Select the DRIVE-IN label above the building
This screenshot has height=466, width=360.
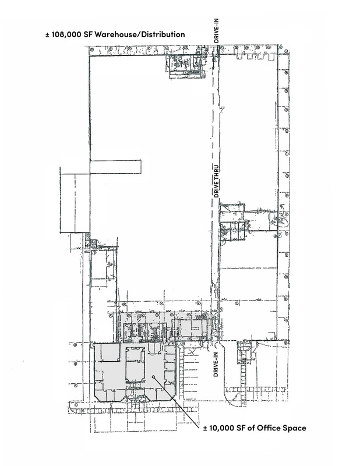217,30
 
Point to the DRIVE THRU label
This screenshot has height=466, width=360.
217,181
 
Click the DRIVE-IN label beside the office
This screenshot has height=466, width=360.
216,365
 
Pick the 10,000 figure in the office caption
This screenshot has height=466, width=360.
222,428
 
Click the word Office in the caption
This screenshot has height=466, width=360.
267,428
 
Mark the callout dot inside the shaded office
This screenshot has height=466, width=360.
153,376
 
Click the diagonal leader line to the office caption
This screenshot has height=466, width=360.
177,402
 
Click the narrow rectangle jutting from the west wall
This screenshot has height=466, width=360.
115,167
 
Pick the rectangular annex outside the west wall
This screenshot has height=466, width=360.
75,200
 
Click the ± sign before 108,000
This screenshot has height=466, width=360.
47,35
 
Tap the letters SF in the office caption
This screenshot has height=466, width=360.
240,428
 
